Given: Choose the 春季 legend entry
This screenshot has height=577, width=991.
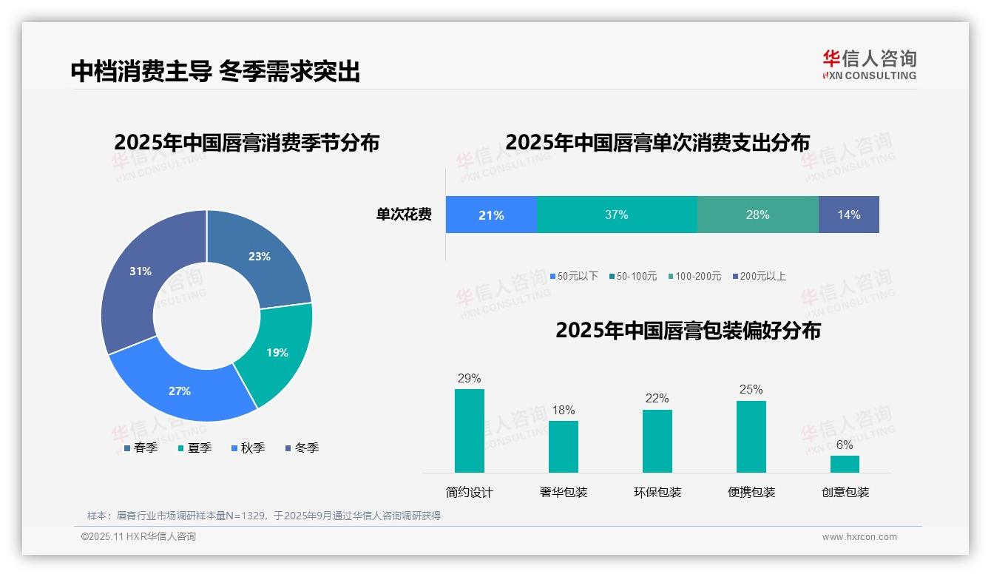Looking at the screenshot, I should pyautogui.click(x=141, y=448).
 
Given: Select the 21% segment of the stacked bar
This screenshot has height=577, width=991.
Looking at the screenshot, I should pyautogui.click(x=491, y=215).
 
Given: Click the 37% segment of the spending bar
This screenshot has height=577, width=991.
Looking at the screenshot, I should pyautogui.click(x=616, y=215).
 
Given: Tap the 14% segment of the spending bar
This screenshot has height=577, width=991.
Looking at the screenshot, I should pyautogui.click(x=849, y=215).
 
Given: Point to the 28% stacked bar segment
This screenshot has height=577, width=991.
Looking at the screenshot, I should pyautogui.click(x=757, y=215).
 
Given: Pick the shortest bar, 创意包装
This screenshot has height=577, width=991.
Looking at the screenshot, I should pyautogui.click(x=845, y=464).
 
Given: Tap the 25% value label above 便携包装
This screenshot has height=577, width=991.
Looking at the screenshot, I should pyautogui.click(x=751, y=390).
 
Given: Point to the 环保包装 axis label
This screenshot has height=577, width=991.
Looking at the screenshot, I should pyautogui.click(x=657, y=492).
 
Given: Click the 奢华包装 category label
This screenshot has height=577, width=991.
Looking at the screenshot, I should pyautogui.click(x=564, y=492).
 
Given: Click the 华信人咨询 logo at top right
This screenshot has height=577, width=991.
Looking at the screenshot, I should pyautogui.click(x=869, y=64).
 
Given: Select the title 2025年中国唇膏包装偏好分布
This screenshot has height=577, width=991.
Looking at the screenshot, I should pyautogui.click(x=688, y=331).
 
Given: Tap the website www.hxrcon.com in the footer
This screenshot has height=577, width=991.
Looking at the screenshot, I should pyautogui.click(x=859, y=537).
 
